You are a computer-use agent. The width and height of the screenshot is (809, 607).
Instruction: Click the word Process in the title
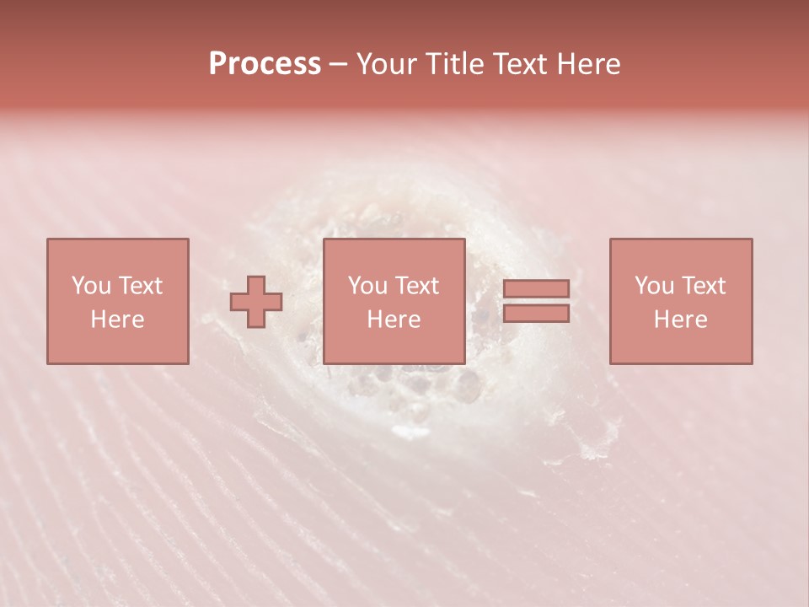click(265, 64)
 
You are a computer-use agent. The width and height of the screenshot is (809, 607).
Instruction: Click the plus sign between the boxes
click(256, 302)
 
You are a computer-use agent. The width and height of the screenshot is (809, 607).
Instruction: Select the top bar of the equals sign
click(536, 288)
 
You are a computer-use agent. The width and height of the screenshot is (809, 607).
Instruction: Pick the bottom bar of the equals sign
click(536, 314)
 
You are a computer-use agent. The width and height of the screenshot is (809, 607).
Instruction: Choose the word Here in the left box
click(117, 320)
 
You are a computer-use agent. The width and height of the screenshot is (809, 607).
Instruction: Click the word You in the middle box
click(367, 286)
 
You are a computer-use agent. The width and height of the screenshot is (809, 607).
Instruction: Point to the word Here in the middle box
click(394, 320)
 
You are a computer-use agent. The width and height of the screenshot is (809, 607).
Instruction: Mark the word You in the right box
click(654, 286)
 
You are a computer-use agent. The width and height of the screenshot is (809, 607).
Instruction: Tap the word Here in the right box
click(680, 320)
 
